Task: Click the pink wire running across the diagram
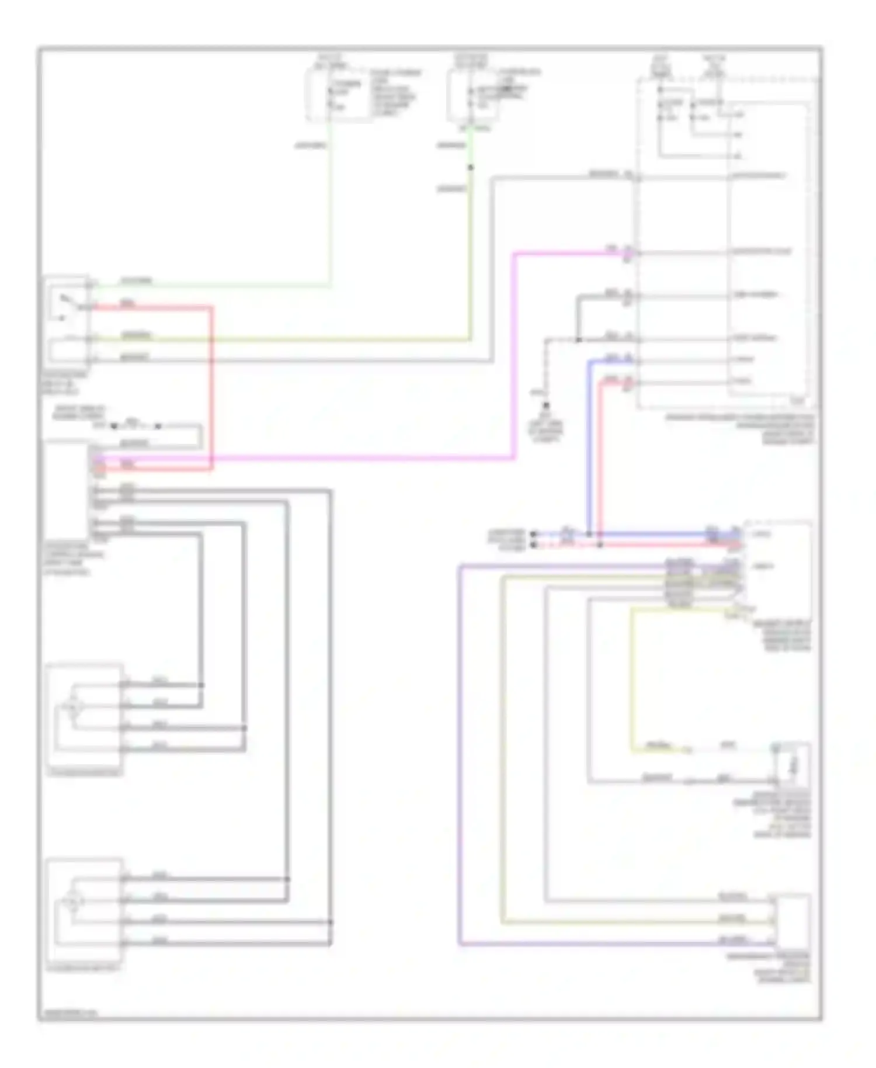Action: (x=350, y=459)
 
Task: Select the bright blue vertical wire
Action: (x=589, y=444)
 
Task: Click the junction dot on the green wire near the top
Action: (x=471, y=168)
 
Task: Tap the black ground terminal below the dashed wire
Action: (x=546, y=405)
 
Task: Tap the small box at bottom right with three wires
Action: (x=792, y=920)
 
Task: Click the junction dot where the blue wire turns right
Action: (x=589, y=534)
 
